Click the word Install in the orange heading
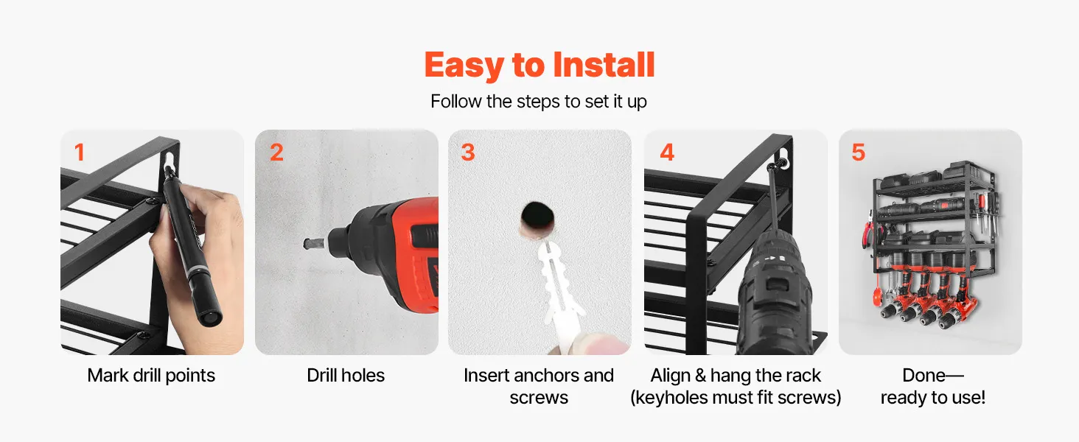click(604, 65)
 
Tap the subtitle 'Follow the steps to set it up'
click(539, 102)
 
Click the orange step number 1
click(80, 152)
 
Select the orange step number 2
click(276, 152)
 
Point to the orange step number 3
click(468, 152)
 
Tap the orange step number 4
click(667, 152)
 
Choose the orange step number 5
click(859, 152)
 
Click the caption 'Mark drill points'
click(151, 376)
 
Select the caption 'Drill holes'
click(346, 376)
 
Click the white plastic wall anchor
click(559, 289)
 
